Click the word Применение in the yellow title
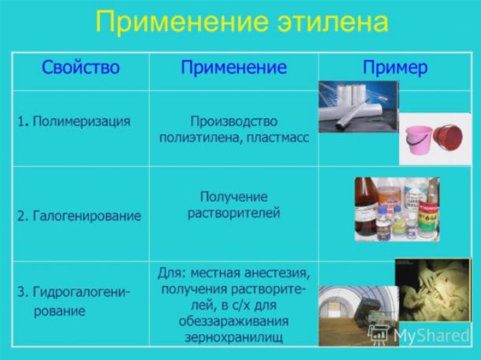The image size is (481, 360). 182,22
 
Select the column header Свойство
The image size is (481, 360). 80,67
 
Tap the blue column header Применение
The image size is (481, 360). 233,68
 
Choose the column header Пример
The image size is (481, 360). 395,68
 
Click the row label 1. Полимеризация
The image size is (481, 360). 74,121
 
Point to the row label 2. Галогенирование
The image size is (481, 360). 79,216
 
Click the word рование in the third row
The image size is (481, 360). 59,311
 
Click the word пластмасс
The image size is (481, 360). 278,138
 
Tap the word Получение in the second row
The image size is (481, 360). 233,197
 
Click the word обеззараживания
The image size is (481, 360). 233,321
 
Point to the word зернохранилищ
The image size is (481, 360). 233,337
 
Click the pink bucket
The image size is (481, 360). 418,140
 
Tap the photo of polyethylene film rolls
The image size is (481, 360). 359,106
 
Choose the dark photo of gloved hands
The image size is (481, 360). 433,290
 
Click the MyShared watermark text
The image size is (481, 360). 431,335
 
